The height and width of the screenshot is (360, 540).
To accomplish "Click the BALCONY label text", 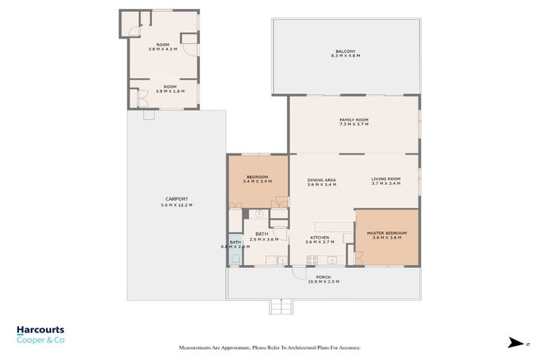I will coord(345,51).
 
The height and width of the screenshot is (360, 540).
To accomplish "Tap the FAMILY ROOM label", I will coord(354,120).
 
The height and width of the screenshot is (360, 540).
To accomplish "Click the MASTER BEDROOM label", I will coord(387,233).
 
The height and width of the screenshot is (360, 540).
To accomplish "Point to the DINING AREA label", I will coord(321,180).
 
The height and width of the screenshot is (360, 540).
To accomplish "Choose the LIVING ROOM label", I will coord(386,179).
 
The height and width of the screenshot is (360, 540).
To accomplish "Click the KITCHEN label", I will coord(319,238).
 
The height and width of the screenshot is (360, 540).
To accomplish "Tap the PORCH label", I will coord(323,277).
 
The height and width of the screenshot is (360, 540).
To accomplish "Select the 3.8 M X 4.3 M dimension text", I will coord(162,49).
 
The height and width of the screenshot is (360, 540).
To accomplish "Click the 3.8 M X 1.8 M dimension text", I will coord(162,91).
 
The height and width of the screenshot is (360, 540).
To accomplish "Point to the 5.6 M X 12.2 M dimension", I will coord(176,205).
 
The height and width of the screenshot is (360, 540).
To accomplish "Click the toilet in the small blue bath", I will coord(235,259).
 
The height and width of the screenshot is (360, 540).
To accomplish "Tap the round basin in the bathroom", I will coord(259,213).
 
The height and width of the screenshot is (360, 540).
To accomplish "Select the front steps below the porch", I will coord(281,307).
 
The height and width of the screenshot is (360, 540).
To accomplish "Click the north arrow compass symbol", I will coord(513,343).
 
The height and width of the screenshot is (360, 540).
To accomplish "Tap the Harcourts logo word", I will coord(40,330).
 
